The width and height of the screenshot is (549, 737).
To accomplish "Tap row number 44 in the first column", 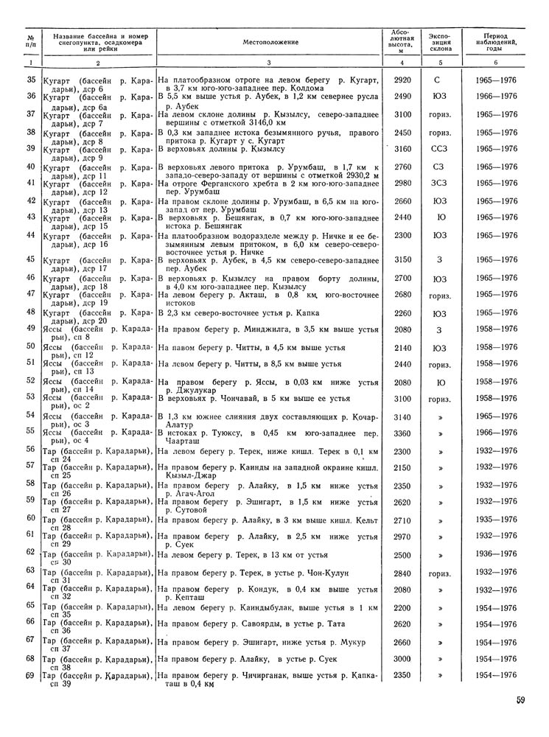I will tap(31, 235).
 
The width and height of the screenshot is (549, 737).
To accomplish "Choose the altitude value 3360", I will tap(402, 433).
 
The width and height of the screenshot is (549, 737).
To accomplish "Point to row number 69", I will tap(31, 677).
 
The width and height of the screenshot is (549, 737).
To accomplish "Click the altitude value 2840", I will tap(402, 572).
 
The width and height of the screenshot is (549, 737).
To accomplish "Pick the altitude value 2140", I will tap(402, 346).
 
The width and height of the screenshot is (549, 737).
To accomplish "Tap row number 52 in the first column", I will tap(31, 380).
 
